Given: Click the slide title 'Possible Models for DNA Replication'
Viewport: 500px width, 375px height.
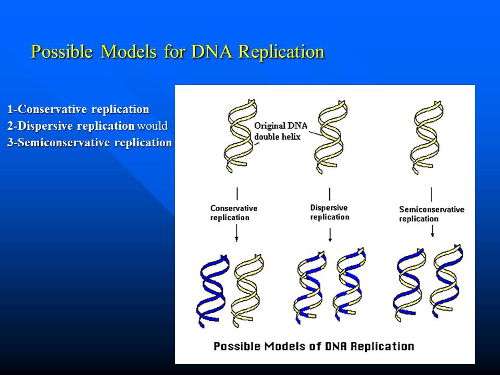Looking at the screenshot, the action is tap(178, 52).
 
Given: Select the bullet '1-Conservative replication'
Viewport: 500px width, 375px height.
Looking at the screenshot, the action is tap(79, 109).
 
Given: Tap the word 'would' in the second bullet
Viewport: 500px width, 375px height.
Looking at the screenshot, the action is tap(153, 126).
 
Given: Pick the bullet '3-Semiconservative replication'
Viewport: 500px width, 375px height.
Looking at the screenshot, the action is tap(90, 143).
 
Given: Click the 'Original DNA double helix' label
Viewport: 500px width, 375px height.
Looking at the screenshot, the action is tap(281, 131).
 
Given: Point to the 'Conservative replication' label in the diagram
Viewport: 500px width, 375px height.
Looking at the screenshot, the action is tap(234, 213).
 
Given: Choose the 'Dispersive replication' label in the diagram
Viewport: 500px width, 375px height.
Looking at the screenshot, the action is tap(330, 213).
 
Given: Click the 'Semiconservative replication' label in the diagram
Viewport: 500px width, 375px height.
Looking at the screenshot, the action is tap(431, 214).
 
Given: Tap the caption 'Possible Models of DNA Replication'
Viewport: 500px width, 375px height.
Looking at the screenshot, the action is tap(314, 346).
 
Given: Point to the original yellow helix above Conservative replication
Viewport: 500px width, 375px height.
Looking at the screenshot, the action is tap(241, 135).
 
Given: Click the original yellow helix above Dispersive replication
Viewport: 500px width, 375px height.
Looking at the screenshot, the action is tap(331, 137).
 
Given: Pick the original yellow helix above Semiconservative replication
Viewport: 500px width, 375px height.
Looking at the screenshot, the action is tap(427, 137).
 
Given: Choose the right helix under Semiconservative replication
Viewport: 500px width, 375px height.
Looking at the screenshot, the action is tap(447, 281).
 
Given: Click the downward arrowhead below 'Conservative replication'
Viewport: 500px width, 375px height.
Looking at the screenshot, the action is tap(236, 239).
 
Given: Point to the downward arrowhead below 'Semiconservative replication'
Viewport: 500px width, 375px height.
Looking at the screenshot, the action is tap(432, 234).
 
